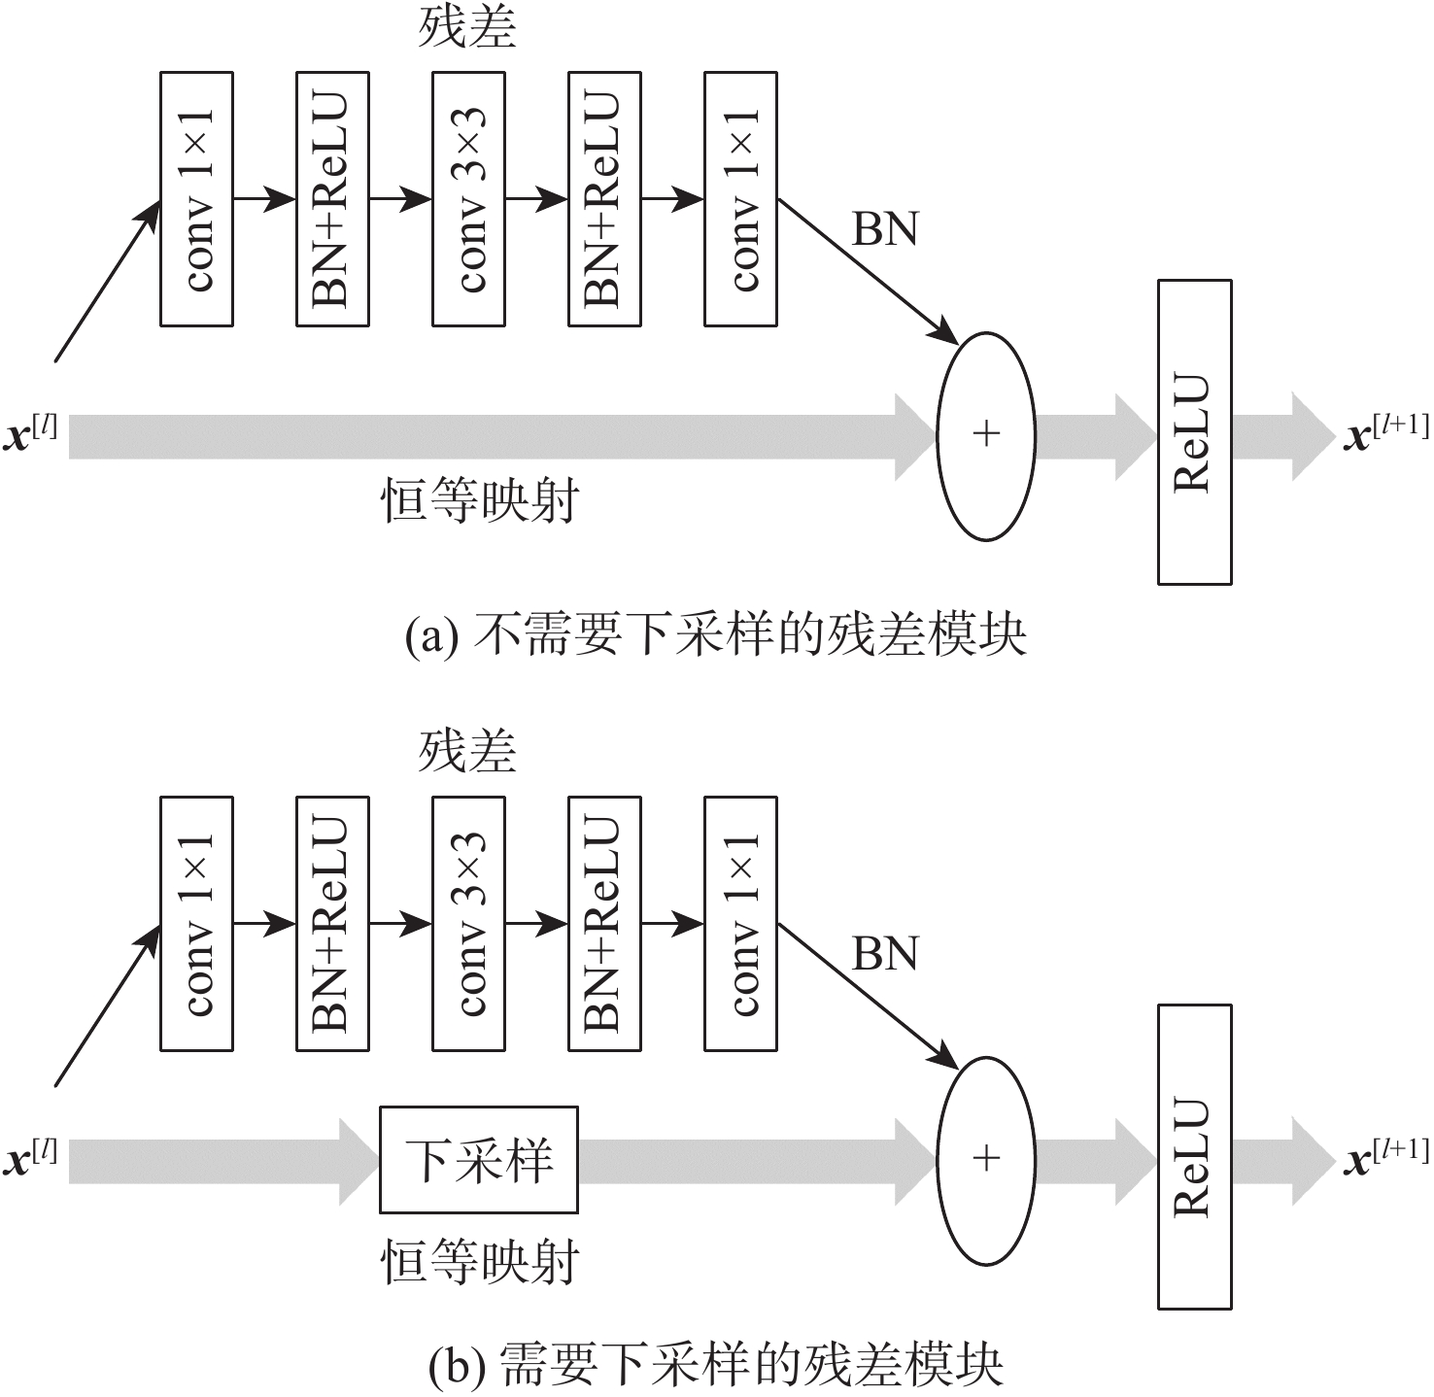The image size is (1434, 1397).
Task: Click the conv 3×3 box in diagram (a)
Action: [x=468, y=199]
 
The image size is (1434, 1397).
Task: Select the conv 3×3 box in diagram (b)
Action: [x=468, y=924]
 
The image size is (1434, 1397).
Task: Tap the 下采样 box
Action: [x=479, y=1160]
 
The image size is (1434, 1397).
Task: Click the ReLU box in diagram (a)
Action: [x=1194, y=432]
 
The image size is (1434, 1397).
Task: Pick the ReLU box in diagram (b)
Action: [x=1194, y=1157]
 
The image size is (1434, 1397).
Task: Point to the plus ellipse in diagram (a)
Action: [x=985, y=435]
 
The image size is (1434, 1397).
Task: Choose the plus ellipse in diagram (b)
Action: [x=985, y=1160]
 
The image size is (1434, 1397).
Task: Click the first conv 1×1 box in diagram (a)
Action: [x=196, y=199]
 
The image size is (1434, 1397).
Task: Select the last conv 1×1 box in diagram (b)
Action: [x=740, y=924]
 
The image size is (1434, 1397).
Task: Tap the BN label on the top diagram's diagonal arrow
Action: [x=884, y=230]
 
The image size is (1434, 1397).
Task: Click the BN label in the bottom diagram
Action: [x=884, y=955]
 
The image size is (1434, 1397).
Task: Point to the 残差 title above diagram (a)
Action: [x=467, y=29]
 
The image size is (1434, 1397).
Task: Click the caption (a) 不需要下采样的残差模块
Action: [x=716, y=636]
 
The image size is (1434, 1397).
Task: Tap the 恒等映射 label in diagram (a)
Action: [x=479, y=501]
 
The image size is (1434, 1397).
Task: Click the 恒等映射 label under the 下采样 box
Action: [x=479, y=1262]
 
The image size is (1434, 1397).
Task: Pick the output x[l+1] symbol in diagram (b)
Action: [x=1385, y=1158]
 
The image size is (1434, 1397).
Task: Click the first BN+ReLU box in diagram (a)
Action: [x=332, y=199]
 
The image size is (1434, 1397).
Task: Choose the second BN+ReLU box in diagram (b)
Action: [x=604, y=924]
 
